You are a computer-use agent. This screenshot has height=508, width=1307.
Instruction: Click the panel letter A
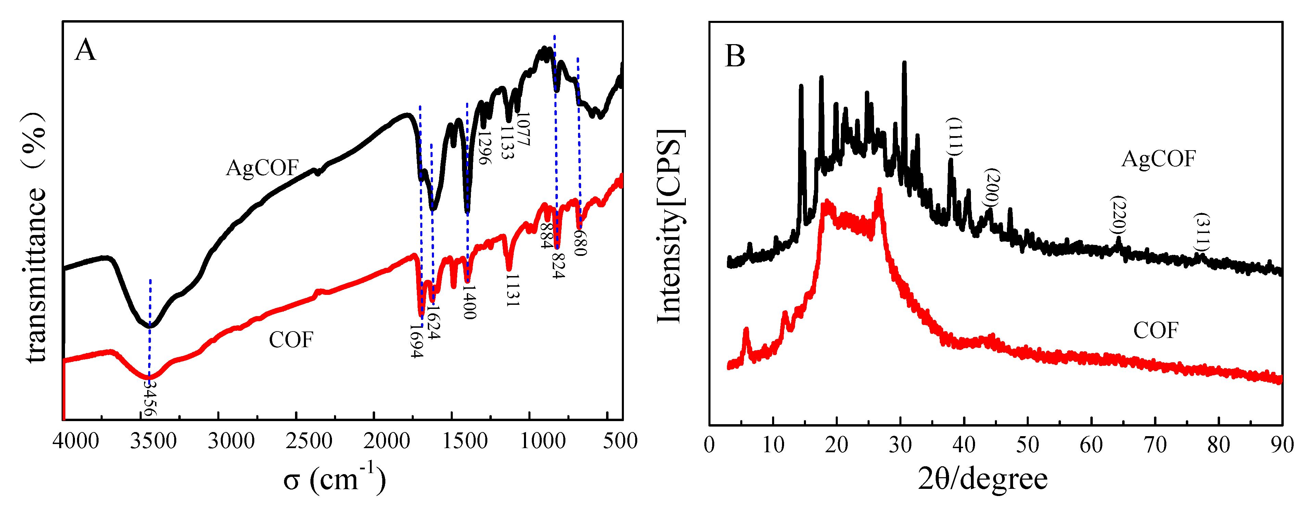click(x=85, y=51)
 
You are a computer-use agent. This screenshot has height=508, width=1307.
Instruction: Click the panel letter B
click(x=735, y=56)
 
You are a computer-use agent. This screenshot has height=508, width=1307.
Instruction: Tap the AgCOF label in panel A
click(x=262, y=168)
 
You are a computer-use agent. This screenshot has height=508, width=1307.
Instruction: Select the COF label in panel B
click(x=1156, y=330)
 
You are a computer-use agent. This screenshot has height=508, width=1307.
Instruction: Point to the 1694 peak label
click(x=417, y=341)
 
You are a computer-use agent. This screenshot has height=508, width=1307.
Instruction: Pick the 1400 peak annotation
click(x=469, y=302)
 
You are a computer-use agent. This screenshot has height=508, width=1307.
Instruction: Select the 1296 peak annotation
click(x=485, y=147)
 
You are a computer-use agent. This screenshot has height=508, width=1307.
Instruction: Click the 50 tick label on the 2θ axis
click(x=1027, y=445)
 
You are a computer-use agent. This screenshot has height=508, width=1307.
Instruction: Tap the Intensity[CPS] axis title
click(x=670, y=226)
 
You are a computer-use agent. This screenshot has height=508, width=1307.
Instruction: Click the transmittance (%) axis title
click(x=36, y=238)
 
